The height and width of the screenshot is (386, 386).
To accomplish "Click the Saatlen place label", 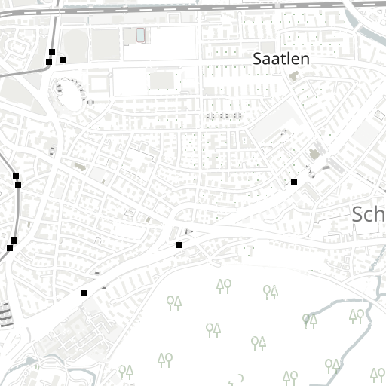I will pos(281,58).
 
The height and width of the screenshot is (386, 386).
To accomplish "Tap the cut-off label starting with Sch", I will pos(369,214).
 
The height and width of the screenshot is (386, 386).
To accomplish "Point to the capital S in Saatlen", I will pos(258,58).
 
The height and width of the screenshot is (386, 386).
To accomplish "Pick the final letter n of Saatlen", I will pos(305,59).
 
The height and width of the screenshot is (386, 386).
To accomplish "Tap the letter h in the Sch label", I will pos(380,214).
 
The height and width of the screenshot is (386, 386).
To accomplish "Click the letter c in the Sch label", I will pos(369,216).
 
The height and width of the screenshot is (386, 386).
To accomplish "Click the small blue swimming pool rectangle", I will pos(140,35).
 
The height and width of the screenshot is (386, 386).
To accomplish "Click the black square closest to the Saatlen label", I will pos(294,182).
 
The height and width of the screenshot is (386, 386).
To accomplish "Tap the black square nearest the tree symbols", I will pos(179,245).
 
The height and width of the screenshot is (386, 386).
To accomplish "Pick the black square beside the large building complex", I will pos(84,293).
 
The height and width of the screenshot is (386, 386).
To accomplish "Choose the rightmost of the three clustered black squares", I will pos(63,60).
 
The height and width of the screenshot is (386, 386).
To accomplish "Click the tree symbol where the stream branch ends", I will pos(309,320).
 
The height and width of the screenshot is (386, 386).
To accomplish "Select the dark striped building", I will pos(6,314).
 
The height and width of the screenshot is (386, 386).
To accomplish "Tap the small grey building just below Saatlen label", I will pos(294,76).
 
